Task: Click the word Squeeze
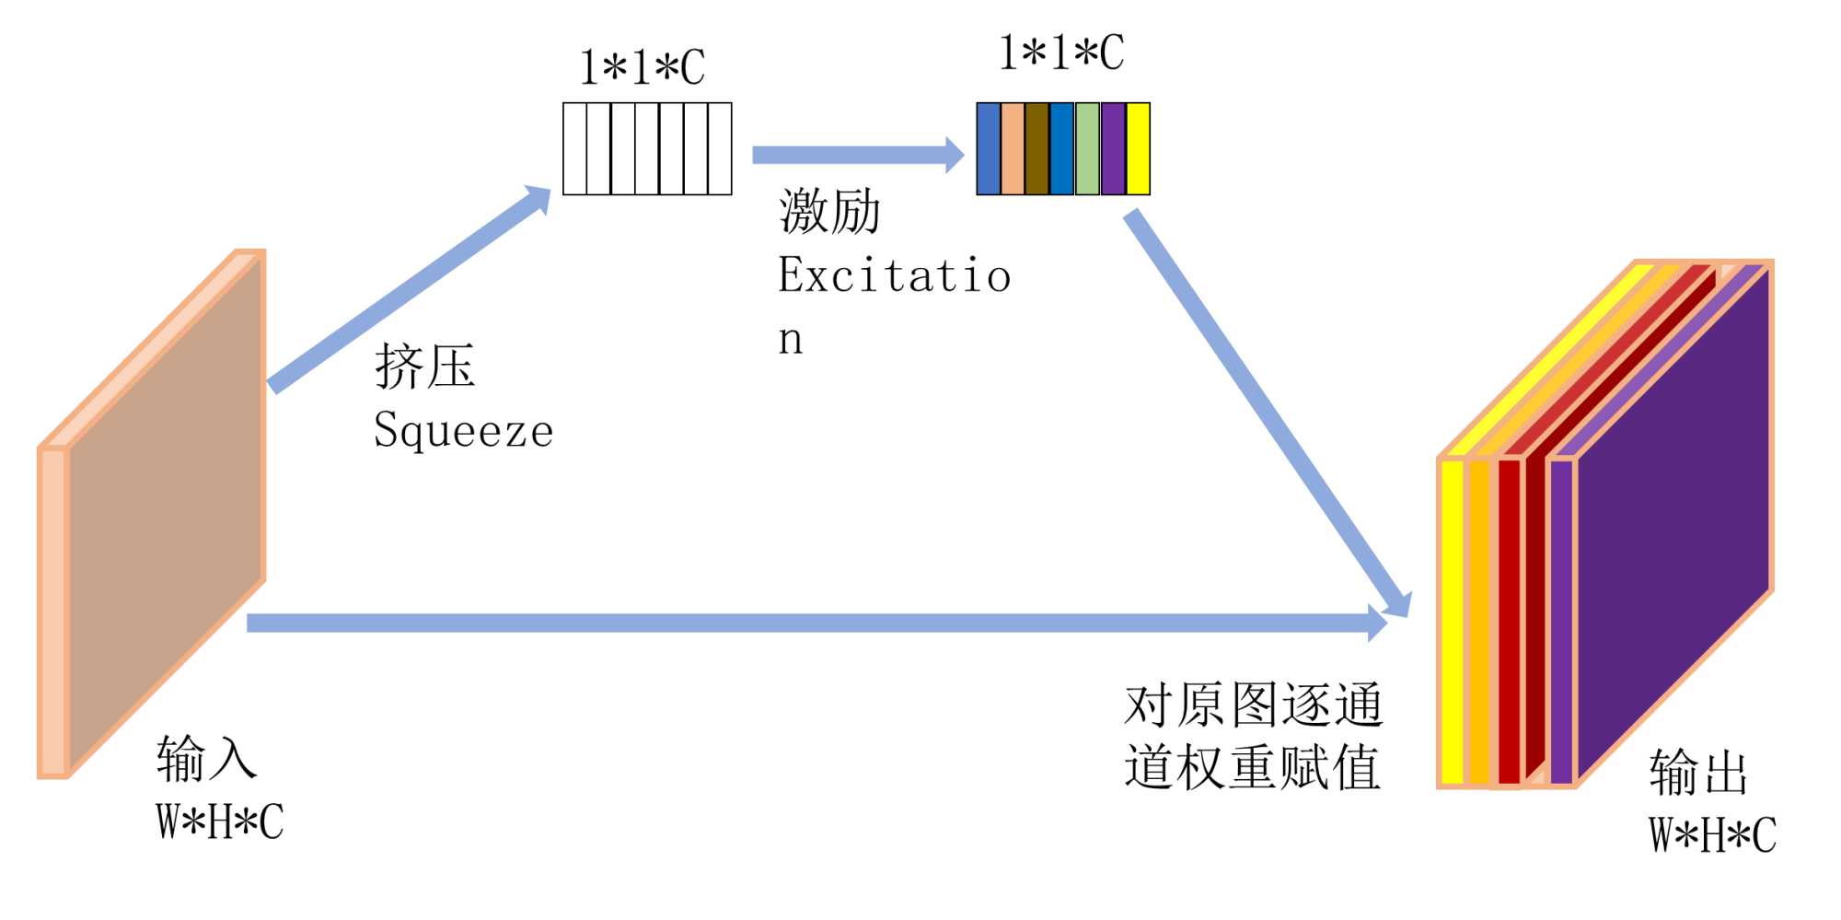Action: pyautogui.click(x=463, y=430)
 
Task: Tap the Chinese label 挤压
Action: pyautogui.click(x=424, y=367)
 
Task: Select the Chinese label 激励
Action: pyautogui.click(x=829, y=211)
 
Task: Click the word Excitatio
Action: pyautogui.click(x=894, y=275)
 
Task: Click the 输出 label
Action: pyautogui.click(x=1698, y=772)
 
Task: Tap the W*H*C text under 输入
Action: pyautogui.click(x=219, y=821)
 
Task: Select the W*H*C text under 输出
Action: pyautogui.click(x=1712, y=835)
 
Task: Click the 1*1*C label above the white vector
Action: pyautogui.click(x=642, y=67)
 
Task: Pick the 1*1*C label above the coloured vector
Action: pyautogui.click(x=1061, y=52)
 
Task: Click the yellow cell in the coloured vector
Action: pyautogui.click(x=1138, y=148)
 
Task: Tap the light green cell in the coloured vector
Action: pyautogui.click(x=1087, y=148)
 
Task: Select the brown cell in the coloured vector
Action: pyautogui.click(x=1036, y=148)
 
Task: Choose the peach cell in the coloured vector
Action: pyautogui.click(x=1012, y=148)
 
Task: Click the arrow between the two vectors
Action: pyautogui.click(x=856, y=155)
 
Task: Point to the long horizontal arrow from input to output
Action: pyautogui.click(x=810, y=623)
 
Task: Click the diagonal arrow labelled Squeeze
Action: pyautogui.click(x=410, y=289)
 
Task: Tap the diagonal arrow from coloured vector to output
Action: pyautogui.click(x=1266, y=410)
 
